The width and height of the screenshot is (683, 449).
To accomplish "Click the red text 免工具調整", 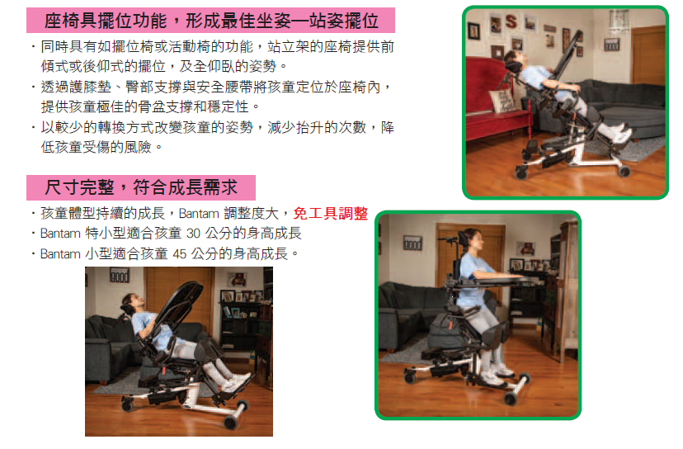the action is coord(331,213).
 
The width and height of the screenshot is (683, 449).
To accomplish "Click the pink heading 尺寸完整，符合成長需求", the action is coord(141,187).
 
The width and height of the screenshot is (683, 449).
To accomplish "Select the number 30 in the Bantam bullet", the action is coord(193,234).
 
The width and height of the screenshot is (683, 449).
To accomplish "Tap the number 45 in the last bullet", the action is coord(180,253).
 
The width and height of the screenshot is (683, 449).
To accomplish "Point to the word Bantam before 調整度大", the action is coord(199,214).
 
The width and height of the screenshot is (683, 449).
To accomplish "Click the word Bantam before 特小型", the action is coord(60,234).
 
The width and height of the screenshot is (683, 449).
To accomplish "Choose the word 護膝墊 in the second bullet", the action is coord(90,87).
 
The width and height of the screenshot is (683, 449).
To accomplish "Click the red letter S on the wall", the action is coord(511,21).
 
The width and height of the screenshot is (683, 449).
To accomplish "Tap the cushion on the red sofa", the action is coord(502,101).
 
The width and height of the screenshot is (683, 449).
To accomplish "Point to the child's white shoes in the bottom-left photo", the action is coord(233,380).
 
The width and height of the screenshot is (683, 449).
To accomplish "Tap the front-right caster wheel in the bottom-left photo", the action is coord(229,422).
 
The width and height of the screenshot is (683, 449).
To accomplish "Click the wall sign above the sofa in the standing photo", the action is coord(412,243).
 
